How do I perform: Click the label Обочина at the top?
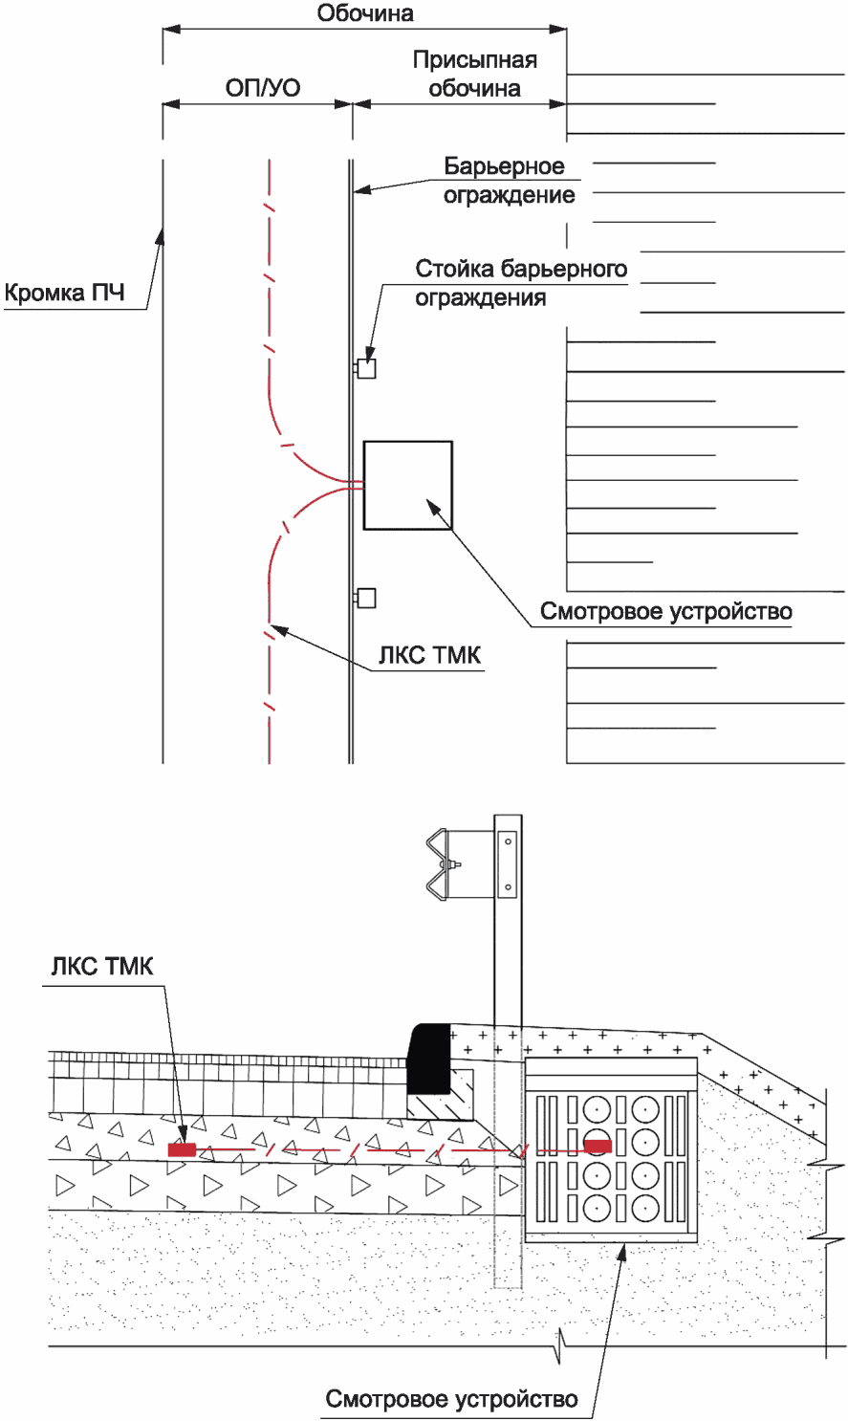(365, 12)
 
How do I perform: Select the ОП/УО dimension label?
(263, 88)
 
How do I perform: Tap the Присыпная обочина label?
(474, 74)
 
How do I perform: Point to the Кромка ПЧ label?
(64, 293)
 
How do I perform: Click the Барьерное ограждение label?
(510, 180)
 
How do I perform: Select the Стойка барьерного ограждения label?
(521, 283)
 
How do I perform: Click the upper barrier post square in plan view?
(366, 368)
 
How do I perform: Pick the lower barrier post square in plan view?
(366, 598)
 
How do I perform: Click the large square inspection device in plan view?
(408, 485)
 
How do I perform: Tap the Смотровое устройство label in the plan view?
(666, 612)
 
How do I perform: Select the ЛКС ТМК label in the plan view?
(430, 655)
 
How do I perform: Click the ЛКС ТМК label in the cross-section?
(102, 966)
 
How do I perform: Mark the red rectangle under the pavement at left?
(182, 1149)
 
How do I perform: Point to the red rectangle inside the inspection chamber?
(598, 1146)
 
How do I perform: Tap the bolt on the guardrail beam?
(454, 864)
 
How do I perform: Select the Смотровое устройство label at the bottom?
(451, 1398)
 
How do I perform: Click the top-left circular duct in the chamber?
(597, 1110)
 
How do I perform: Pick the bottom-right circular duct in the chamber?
(645, 1209)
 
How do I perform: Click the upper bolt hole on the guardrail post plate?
(508, 842)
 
